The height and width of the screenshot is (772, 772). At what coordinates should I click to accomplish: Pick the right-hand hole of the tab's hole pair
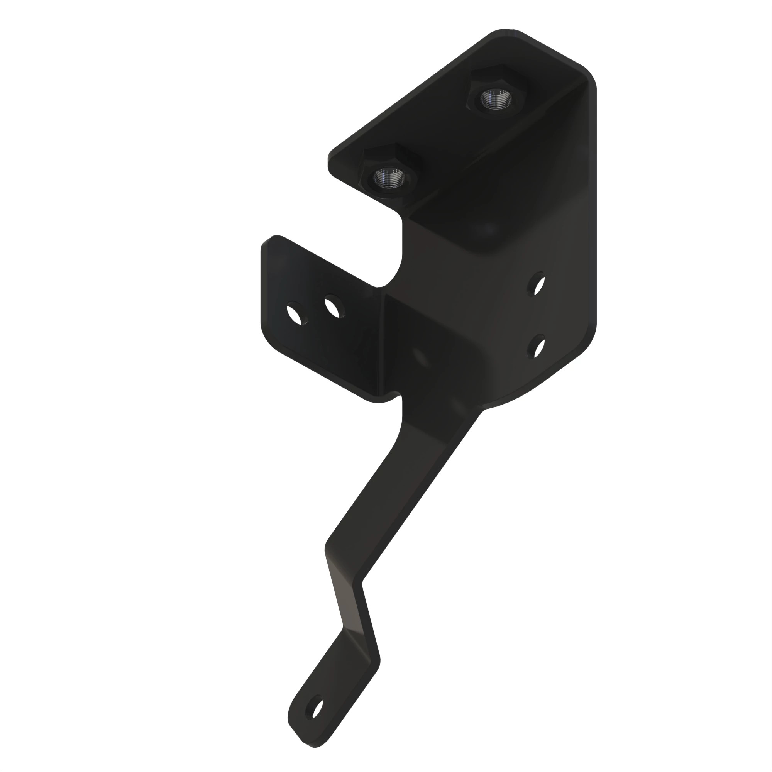coord(334,307)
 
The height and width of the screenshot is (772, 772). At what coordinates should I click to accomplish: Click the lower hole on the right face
coord(537,347)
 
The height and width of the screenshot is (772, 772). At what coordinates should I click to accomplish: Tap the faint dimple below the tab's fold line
coord(420,356)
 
